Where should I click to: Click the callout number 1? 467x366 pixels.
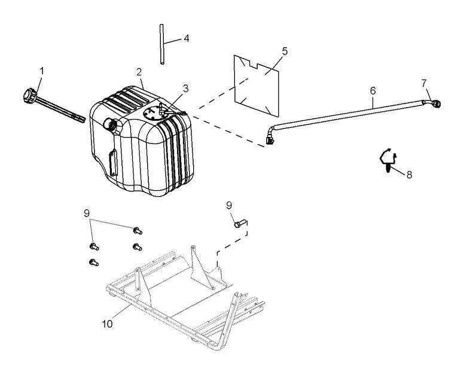click(x=41, y=71)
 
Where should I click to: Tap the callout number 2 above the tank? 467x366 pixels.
click(x=139, y=72)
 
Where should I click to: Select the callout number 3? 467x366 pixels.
click(x=185, y=89)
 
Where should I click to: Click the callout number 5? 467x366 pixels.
click(x=285, y=51)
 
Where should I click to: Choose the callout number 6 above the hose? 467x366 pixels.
click(x=373, y=90)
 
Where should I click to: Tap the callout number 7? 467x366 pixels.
click(x=424, y=82)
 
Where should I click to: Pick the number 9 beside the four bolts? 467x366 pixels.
click(x=87, y=212)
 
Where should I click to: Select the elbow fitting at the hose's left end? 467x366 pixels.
click(x=270, y=136)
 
